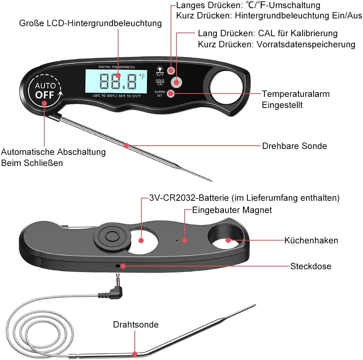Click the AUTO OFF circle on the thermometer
pyautogui.click(x=45, y=90)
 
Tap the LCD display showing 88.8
pyautogui.click(x=116, y=81)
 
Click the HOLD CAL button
pyautogui.click(x=177, y=82)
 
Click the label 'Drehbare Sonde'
pyautogui.click(x=294, y=146)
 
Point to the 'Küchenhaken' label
pyautogui.click(x=311, y=240)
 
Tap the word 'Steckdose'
pyautogui.click(x=311, y=266)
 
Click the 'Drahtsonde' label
pyautogui.click(x=136, y=325)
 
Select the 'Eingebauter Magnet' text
pyautogui.click(x=232, y=210)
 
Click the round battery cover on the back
pyautogui.click(x=112, y=236)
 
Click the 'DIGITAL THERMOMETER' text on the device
pyautogui.click(x=117, y=67)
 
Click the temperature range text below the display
pyautogui.click(x=116, y=96)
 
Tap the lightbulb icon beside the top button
pyautogui.click(x=160, y=69)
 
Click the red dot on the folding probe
pyautogui.click(x=126, y=146)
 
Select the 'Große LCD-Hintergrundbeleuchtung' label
pyautogui.click(x=90, y=23)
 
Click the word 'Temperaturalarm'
pyautogui.click(x=296, y=94)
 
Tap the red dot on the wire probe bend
pyautogui.click(x=135, y=354)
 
